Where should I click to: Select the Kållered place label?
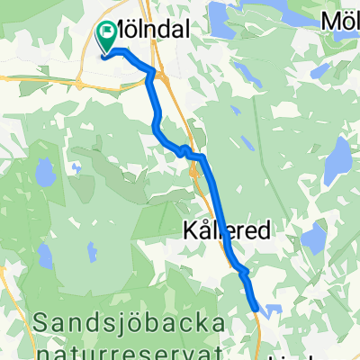pos(228,231)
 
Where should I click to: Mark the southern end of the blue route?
pos(259,310)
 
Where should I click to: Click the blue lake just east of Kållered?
pos(313,239)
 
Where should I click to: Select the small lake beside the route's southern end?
pos(274,309)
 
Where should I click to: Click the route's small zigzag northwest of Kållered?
pos(186,150)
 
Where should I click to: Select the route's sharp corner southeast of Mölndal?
pos(153,72)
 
